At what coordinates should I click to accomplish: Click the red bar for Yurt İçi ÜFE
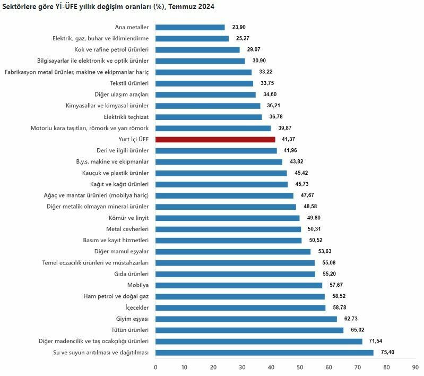tap(215, 139)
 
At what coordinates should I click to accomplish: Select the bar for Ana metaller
tap(190, 27)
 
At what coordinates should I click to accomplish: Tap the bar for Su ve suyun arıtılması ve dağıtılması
tap(264, 353)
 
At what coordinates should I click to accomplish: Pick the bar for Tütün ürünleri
tap(249, 330)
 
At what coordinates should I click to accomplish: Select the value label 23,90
tap(239, 27)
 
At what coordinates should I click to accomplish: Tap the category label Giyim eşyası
tap(133, 319)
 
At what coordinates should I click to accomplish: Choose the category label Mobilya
tap(137, 285)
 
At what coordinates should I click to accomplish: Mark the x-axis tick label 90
tap(415, 367)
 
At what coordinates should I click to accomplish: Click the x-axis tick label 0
tap(155, 367)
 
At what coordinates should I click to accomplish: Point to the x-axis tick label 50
tap(300, 367)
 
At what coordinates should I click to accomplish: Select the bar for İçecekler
tap(240, 307)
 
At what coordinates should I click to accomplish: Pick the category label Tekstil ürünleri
tap(129, 83)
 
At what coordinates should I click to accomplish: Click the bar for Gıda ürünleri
tap(235, 274)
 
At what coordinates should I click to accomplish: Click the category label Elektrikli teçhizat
tap(126, 117)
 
